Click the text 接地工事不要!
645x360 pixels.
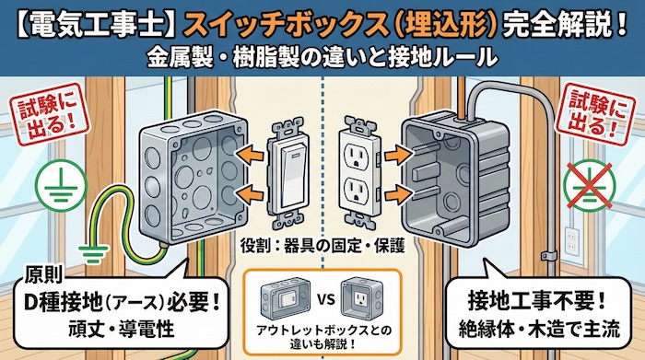tap(528, 300)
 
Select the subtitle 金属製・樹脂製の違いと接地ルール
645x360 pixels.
tap(322, 57)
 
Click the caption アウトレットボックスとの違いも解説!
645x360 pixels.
tap(322, 335)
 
